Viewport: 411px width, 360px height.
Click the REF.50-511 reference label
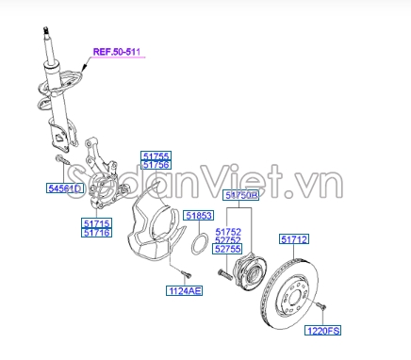(x=117, y=52)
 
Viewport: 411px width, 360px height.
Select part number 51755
(x=156, y=155)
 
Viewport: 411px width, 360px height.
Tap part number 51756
(x=156, y=165)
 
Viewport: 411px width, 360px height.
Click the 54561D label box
(x=65, y=188)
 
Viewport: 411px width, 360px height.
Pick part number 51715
(x=97, y=223)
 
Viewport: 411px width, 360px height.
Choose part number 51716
(x=97, y=233)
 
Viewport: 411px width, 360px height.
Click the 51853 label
(x=199, y=216)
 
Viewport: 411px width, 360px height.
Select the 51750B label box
(x=241, y=195)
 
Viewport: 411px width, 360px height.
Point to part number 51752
(x=228, y=232)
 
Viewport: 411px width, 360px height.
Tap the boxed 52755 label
(x=228, y=249)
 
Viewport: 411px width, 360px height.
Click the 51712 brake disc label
(x=294, y=239)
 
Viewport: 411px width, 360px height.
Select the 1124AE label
(x=185, y=290)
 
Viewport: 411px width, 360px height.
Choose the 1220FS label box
(x=322, y=331)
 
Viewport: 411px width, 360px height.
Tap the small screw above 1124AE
(x=186, y=274)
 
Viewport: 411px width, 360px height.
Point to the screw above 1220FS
(x=321, y=305)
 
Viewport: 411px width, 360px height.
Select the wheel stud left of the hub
(x=225, y=274)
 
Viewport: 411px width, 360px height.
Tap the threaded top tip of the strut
(x=46, y=30)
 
